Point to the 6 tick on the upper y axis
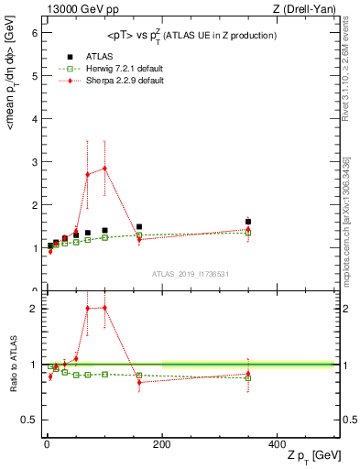pos(36,32)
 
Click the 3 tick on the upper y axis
pos(36,162)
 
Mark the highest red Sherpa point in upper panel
pos(104,168)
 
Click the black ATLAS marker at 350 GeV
pos(248,222)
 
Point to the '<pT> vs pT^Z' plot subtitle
pos(191,35)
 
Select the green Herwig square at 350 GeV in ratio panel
pos(248,377)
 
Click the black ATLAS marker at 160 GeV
pos(139,226)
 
